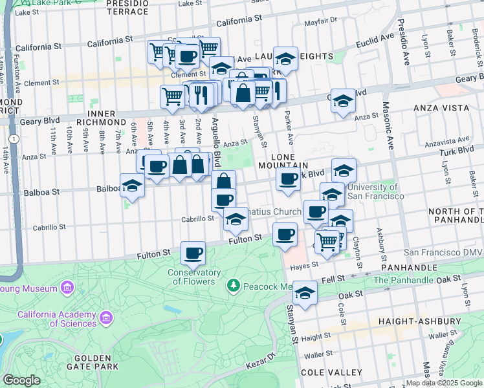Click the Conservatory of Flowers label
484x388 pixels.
tap(193, 277)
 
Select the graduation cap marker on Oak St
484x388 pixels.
tap(305, 292)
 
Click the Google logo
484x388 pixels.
tap(21, 380)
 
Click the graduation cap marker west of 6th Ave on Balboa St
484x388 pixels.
tap(133, 185)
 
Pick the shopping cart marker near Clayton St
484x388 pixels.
tap(329, 241)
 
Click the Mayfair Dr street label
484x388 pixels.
tap(321, 20)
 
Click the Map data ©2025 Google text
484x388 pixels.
tap(444, 383)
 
